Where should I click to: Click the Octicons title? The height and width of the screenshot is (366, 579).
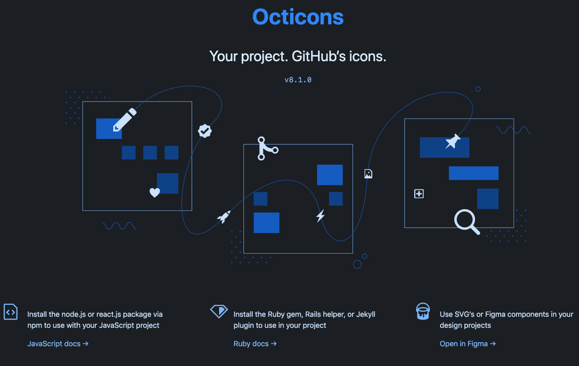tap(298, 17)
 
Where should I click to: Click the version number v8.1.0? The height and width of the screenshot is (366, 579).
tap(298, 80)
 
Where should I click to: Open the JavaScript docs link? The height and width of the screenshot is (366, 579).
tap(58, 344)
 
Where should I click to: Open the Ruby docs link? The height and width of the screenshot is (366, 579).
tap(255, 344)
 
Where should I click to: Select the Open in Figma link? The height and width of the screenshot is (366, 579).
tap(468, 344)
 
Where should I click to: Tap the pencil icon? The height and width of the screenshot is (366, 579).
tap(125, 120)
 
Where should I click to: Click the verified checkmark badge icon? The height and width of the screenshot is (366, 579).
tap(205, 131)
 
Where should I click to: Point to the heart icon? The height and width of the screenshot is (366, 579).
tap(155, 193)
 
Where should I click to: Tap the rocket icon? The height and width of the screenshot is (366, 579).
tap(224, 217)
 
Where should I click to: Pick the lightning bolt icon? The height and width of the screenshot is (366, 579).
tap(320, 216)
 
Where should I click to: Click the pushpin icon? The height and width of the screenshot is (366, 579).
tap(453, 142)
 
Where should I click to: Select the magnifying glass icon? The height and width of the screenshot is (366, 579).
tap(467, 222)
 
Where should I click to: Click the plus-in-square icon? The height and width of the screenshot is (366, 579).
tap(419, 194)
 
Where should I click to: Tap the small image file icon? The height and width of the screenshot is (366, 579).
tap(368, 174)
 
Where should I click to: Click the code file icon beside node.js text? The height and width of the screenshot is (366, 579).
tap(11, 312)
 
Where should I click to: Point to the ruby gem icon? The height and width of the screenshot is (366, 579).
tap(219, 311)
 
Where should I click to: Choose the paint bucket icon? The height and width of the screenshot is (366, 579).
tap(423, 311)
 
